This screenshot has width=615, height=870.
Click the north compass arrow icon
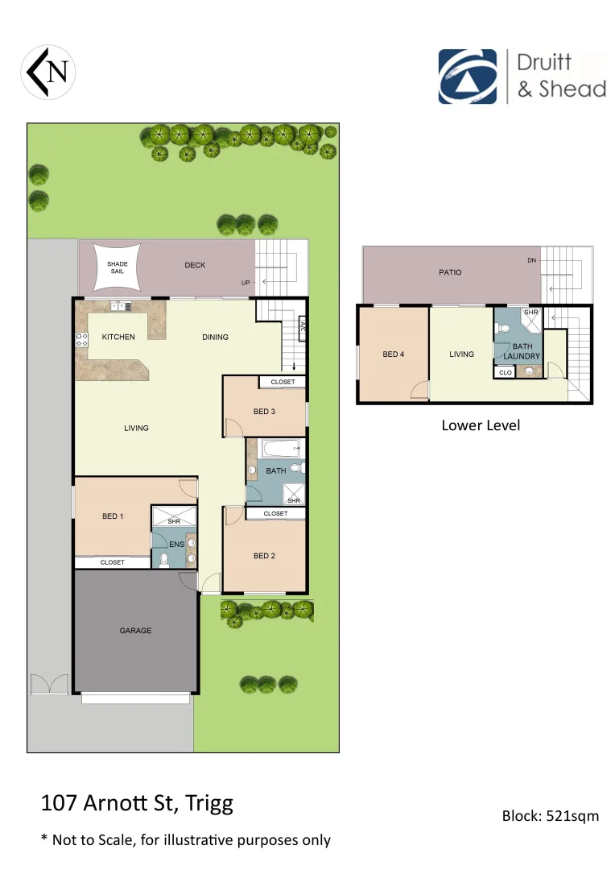[x=48, y=71]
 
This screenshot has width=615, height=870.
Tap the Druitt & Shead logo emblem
[x=467, y=77]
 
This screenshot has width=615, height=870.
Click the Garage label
[x=135, y=631]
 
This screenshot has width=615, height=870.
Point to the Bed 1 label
[x=113, y=516]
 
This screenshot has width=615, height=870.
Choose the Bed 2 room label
[x=264, y=555]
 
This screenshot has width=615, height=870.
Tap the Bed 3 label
[x=264, y=412]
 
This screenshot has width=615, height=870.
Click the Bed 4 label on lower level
[x=393, y=354]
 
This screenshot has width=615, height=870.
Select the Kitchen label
[x=118, y=337]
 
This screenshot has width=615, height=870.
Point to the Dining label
[x=215, y=337]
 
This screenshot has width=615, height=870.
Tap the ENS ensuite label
[x=177, y=545]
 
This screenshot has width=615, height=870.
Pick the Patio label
[x=450, y=272]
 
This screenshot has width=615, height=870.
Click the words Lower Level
[x=481, y=425]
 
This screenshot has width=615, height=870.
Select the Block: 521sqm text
[x=551, y=815]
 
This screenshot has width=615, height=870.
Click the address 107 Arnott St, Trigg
[x=137, y=803]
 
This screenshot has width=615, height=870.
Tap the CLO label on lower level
[x=505, y=373]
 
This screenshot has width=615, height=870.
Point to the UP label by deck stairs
[x=245, y=283]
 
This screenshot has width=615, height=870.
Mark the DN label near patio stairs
[x=531, y=260]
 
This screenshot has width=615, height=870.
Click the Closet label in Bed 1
[x=112, y=562]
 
